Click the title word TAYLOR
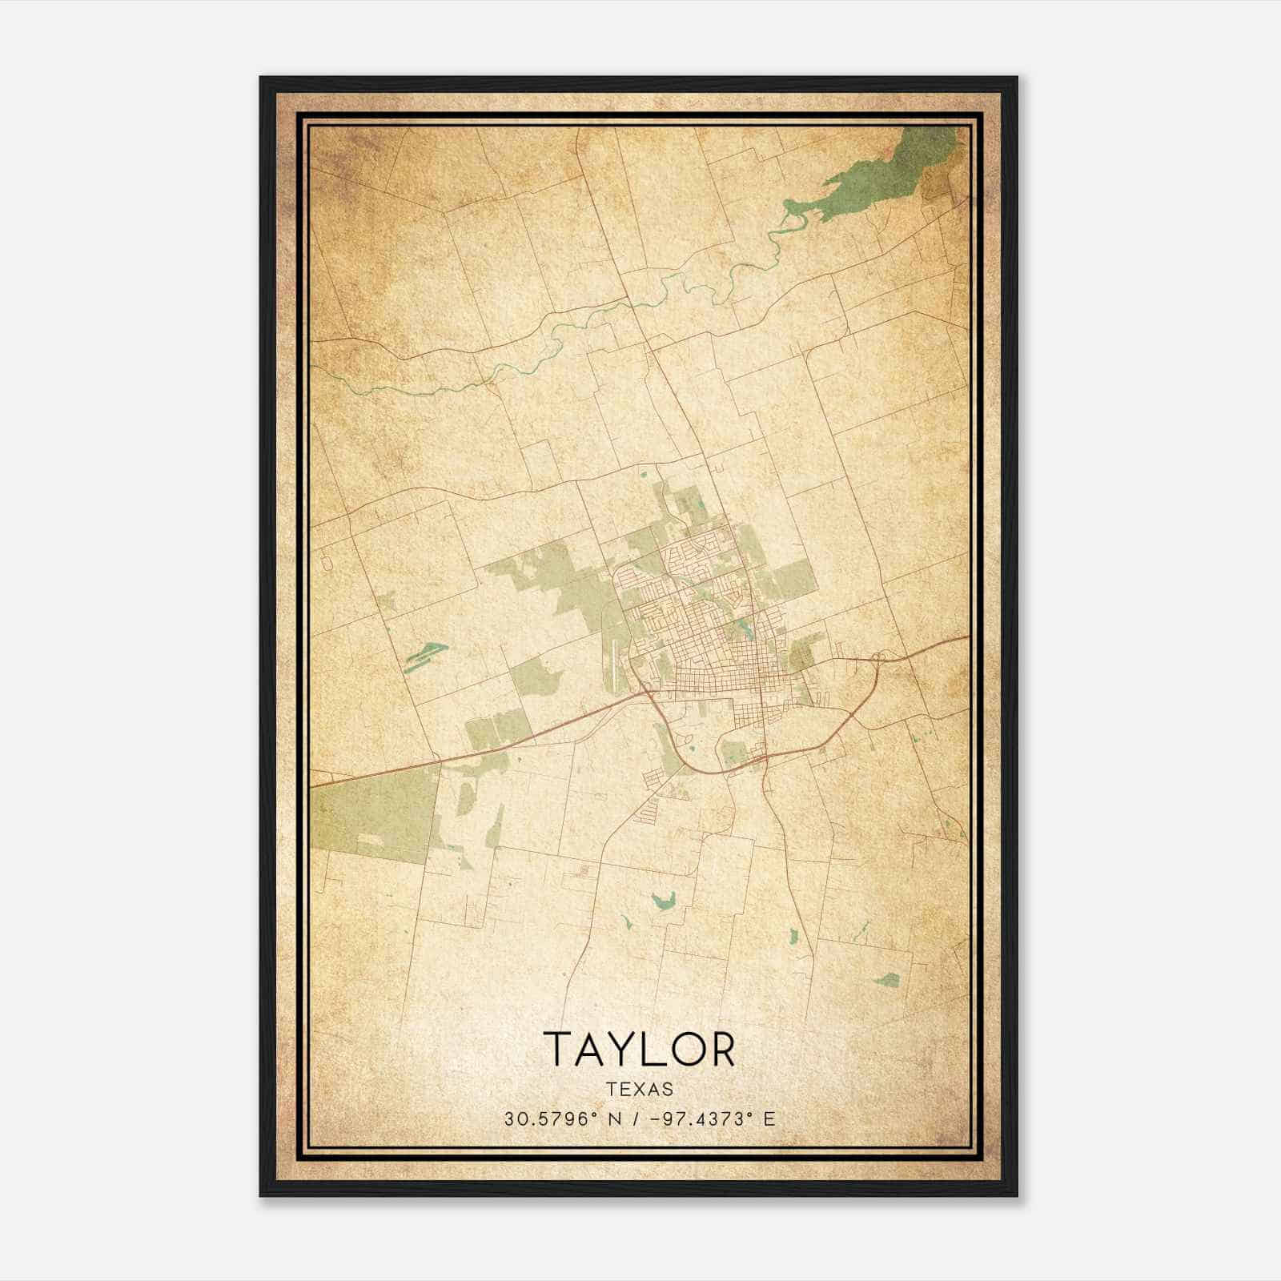tap(639, 1049)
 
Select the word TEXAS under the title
tap(639, 1089)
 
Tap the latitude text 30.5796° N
tap(556, 1119)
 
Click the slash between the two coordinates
tap(635, 1119)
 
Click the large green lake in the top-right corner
tap(881, 176)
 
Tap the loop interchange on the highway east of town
tap(878, 658)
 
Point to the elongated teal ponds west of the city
tap(424, 657)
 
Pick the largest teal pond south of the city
tap(664, 902)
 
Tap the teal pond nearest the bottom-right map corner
tap(886, 979)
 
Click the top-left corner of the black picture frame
tap(261, 78)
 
